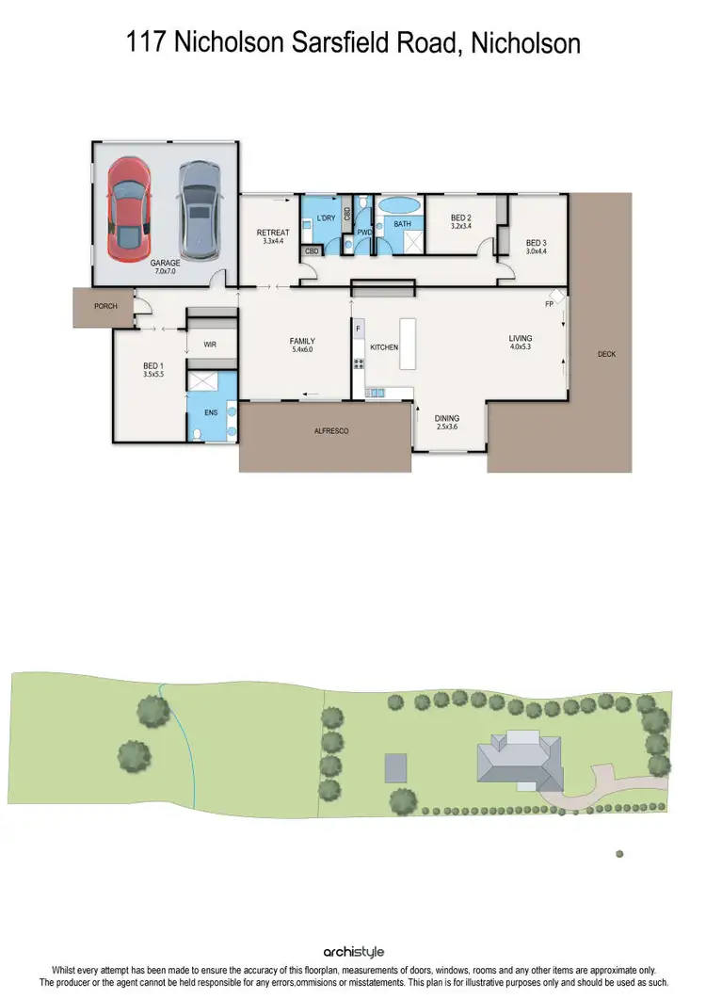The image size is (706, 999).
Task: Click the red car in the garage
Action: pos(128,208)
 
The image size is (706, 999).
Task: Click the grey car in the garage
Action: pos(198,209)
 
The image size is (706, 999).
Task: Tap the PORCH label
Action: pos(105,307)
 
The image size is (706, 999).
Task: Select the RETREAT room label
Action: pos(274,233)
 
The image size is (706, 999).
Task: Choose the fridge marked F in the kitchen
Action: pos(359,329)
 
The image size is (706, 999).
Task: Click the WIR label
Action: pos(210,345)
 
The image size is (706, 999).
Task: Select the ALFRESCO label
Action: pos(331,430)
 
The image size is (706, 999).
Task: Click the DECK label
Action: pos(606,355)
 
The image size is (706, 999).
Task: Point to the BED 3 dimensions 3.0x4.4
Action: pos(536,250)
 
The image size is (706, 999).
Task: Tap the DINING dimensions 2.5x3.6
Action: pos(446,427)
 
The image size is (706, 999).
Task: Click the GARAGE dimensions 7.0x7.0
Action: pos(164,271)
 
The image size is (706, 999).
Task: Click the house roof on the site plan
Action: pos(519,763)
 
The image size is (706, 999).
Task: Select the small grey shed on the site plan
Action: pos(396,766)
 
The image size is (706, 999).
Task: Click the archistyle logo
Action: pos(353,952)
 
